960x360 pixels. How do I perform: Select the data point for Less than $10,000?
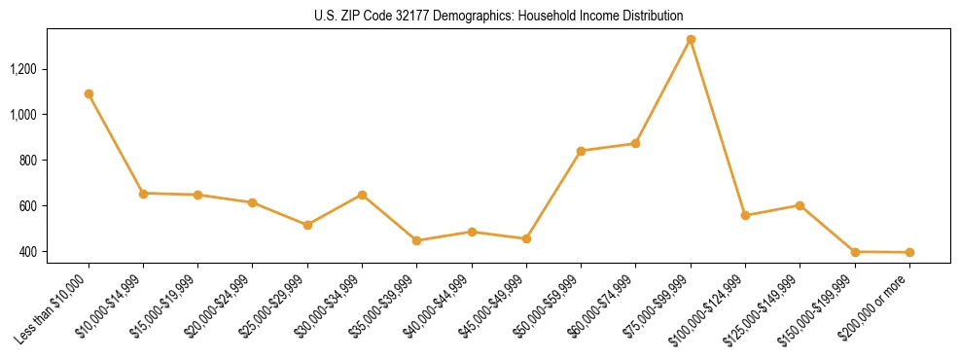point(89,94)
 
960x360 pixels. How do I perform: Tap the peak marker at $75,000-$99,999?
point(691,40)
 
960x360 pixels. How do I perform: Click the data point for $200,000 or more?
point(909,253)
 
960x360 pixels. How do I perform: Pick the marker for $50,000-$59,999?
point(581,151)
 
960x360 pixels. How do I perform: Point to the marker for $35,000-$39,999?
point(416,240)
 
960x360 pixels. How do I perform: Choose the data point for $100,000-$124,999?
point(745,215)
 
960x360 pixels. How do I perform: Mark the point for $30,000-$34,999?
point(362,195)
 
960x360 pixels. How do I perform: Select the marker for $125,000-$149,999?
point(800,205)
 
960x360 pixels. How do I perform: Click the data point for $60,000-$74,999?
point(635,143)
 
